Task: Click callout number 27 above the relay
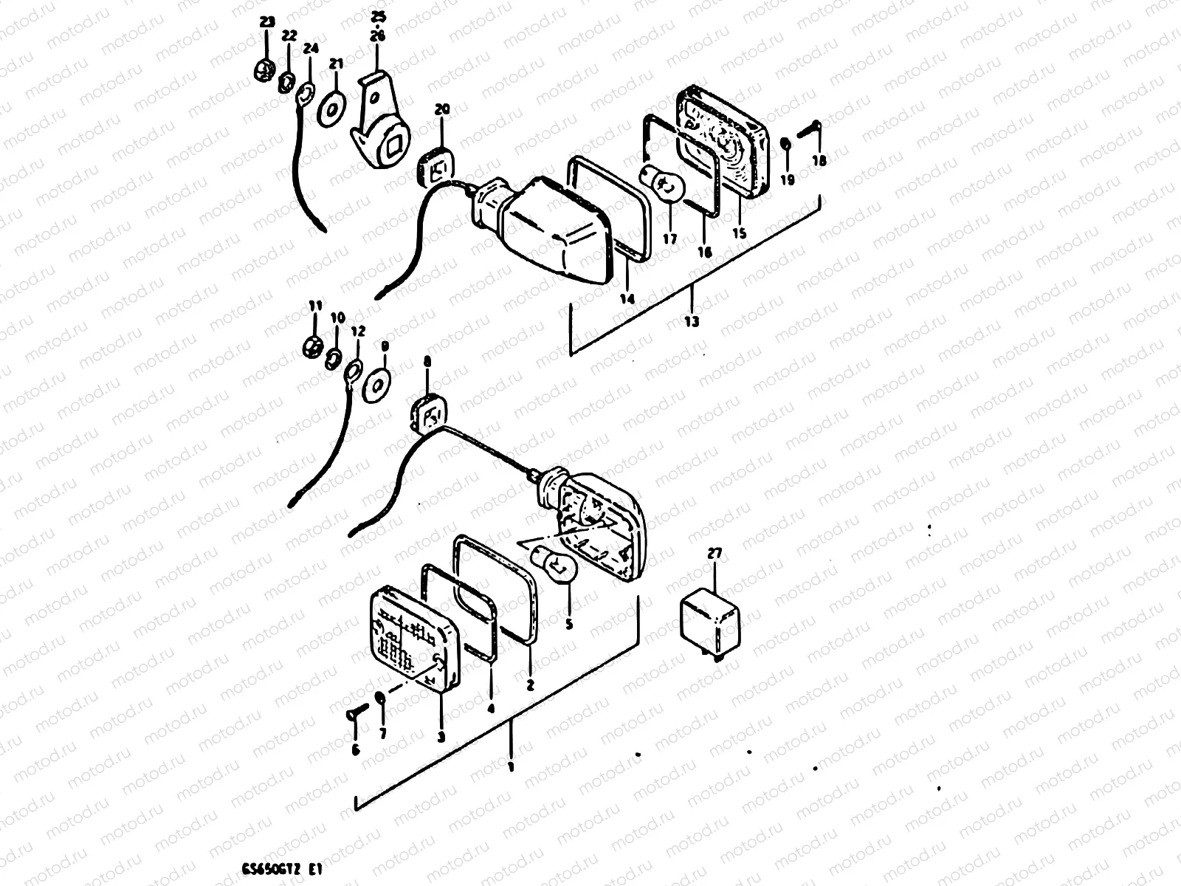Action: pyautogui.click(x=714, y=553)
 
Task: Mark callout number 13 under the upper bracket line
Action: pyautogui.click(x=692, y=322)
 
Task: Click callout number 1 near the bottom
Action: pyautogui.click(x=510, y=768)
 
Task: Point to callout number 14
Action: pyautogui.click(x=626, y=299)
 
